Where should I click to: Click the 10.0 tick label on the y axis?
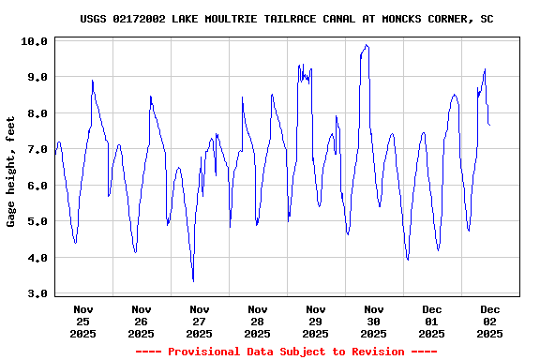click(36, 41)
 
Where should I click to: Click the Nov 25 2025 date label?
click(83, 321)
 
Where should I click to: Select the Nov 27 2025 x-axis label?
click(200, 321)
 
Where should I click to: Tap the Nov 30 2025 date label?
click(374, 321)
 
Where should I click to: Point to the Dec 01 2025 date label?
click(432, 321)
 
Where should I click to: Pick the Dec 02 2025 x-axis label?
click(490, 321)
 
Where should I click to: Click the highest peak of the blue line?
click(367, 45)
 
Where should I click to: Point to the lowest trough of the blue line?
click(193, 280)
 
